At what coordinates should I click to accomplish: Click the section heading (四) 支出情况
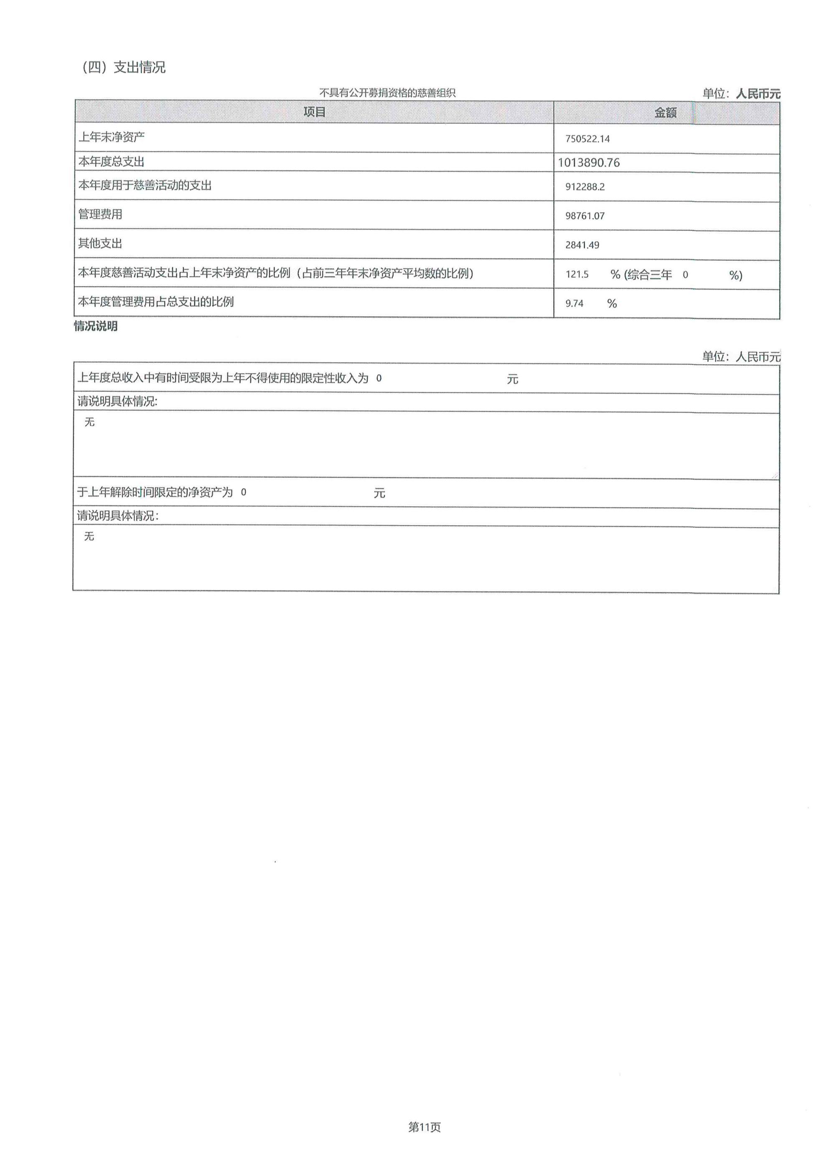point(124,67)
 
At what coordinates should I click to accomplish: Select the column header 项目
point(314,112)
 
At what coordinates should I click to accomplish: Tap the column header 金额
point(665,113)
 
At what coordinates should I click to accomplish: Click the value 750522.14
point(587,139)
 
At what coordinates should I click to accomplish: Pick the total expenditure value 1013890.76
point(588,163)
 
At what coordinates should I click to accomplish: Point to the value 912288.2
point(585,187)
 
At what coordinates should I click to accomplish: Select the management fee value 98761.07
point(585,216)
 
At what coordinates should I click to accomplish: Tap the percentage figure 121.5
point(577,274)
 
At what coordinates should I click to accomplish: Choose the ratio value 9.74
point(574,303)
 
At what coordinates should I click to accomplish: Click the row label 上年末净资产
point(111,137)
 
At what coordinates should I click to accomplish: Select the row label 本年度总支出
point(111,162)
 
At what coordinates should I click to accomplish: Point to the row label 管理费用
point(100,214)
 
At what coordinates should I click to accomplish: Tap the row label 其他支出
point(100,244)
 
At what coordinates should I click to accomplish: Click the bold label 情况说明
point(96,326)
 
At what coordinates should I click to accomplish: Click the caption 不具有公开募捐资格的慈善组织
point(387,93)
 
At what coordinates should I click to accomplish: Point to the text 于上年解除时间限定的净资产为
point(155,492)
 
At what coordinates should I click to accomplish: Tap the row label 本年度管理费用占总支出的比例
point(156,302)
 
